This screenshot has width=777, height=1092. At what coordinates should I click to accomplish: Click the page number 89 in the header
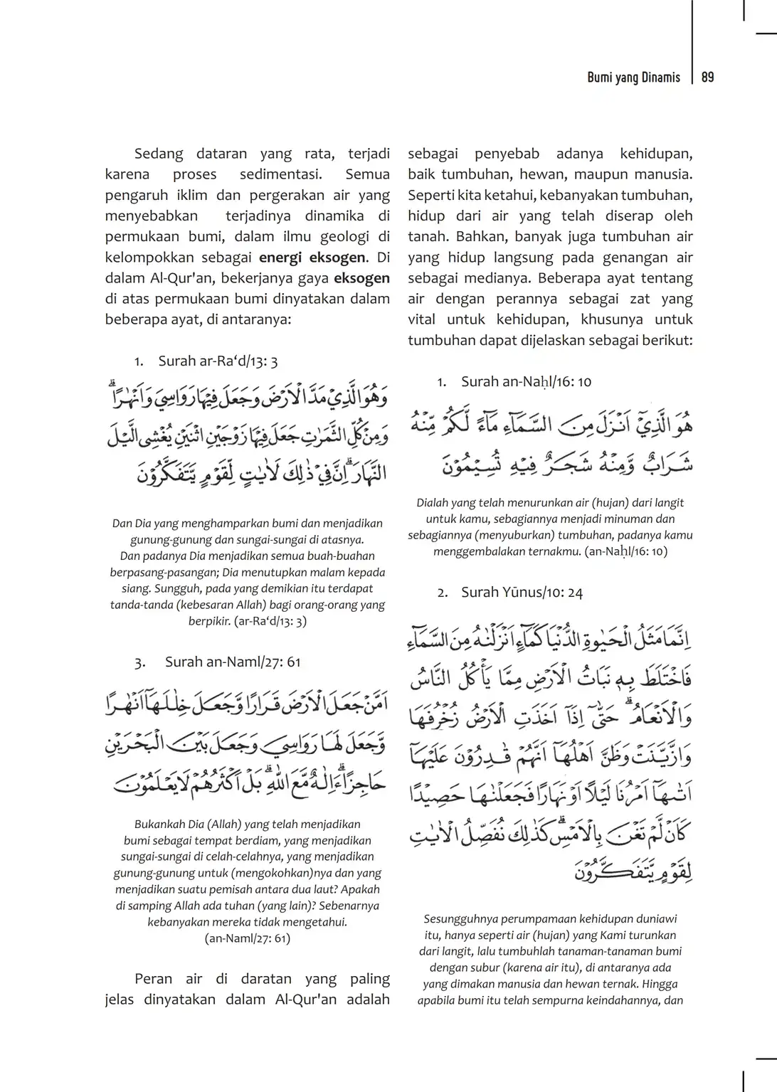tap(707, 78)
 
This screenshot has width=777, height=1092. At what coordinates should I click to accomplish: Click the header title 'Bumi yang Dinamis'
tap(633, 78)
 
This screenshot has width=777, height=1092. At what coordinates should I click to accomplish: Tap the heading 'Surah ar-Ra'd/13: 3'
tap(218, 361)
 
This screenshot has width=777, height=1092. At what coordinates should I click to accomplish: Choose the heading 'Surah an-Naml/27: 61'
tap(233, 662)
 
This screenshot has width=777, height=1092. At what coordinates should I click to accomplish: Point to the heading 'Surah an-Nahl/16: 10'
tap(526, 381)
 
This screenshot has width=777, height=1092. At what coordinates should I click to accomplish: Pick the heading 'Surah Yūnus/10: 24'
tap(522, 592)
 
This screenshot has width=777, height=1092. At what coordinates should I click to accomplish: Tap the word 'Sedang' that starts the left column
tap(159, 154)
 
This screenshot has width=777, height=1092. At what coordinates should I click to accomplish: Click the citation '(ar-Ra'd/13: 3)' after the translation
tap(270, 621)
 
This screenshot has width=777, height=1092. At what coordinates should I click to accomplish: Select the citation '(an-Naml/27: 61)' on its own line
tap(248, 938)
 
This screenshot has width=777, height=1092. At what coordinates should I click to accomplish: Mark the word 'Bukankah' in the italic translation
tap(157, 825)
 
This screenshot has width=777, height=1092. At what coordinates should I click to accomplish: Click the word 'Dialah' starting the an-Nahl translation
tap(434, 503)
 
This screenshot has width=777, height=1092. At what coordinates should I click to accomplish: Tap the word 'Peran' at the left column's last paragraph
tap(153, 979)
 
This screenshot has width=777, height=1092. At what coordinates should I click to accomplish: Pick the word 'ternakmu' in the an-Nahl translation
tap(557, 551)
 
